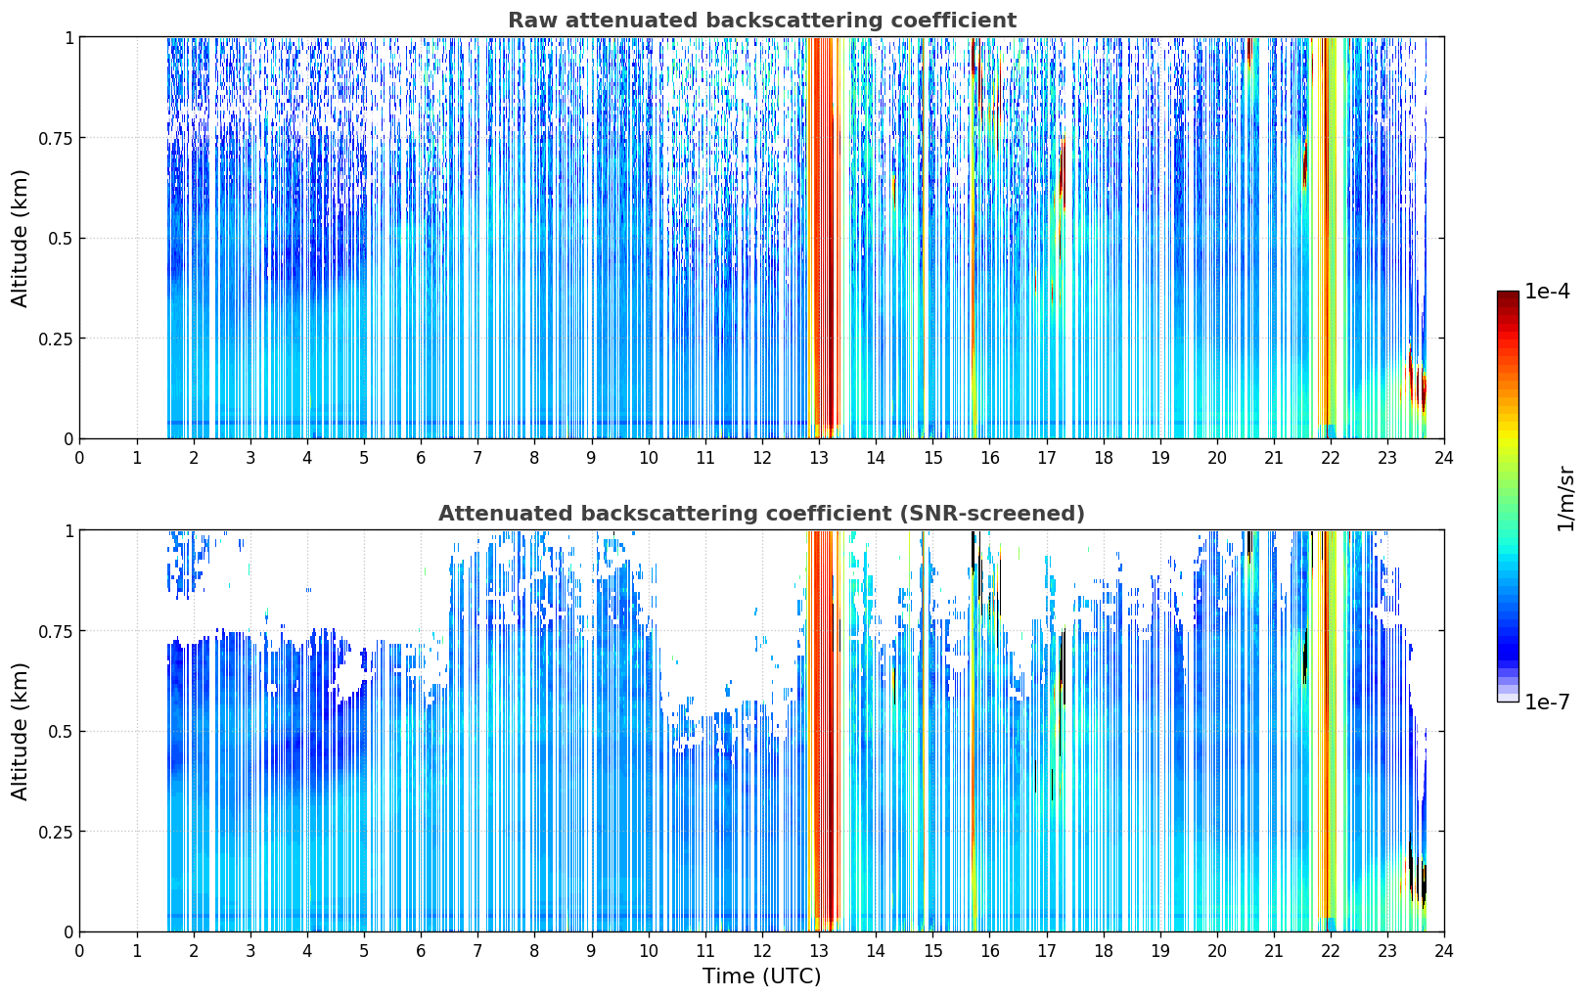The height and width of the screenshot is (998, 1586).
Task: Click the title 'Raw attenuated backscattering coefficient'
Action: pyautogui.click(x=762, y=20)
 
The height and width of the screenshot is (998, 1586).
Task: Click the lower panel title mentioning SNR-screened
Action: pyautogui.click(x=762, y=513)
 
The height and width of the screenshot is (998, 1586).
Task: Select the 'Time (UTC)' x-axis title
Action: pyautogui.click(x=762, y=976)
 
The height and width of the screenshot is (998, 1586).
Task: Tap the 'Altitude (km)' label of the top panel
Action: pyautogui.click(x=20, y=239)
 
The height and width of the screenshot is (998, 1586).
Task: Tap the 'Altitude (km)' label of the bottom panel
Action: pyautogui.click(x=20, y=732)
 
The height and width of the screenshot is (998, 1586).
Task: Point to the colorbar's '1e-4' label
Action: pyautogui.click(x=1547, y=291)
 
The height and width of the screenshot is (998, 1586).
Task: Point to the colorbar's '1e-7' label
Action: pyautogui.click(x=1547, y=703)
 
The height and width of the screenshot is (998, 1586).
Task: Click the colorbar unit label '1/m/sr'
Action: pyautogui.click(x=1566, y=498)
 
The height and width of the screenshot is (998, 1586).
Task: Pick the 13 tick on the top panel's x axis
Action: pyautogui.click(x=819, y=458)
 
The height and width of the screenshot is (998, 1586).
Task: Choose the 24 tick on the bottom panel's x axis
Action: pyautogui.click(x=1444, y=951)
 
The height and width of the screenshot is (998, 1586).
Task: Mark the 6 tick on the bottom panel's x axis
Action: pyautogui.click(x=421, y=951)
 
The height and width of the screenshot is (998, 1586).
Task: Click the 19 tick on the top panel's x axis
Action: pyautogui.click(x=1160, y=458)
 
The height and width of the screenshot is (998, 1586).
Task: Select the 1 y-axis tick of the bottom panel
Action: pyautogui.click(x=69, y=531)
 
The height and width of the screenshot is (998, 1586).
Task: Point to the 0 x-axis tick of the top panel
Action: pyautogui.click(x=79, y=458)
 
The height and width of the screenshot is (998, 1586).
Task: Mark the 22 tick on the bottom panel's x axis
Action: pyautogui.click(x=1331, y=951)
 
